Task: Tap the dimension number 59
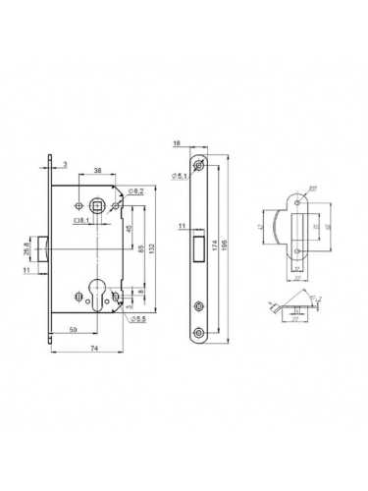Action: coord(75,330)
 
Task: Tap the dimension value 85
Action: coord(140,249)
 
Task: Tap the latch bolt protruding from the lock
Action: coord(46,241)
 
